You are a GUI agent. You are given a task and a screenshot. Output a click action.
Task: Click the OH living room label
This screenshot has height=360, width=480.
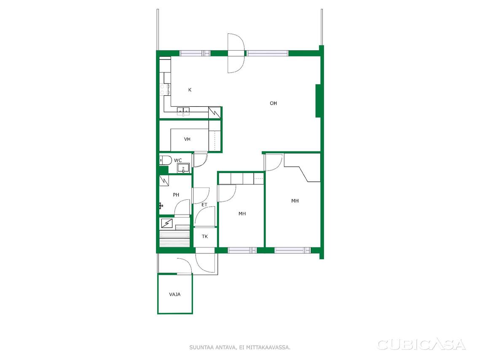click(x=273, y=103)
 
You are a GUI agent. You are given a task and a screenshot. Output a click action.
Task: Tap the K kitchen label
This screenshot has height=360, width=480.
click(x=190, y=90)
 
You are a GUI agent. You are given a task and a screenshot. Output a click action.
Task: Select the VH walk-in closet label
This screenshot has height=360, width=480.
click(x=187, y=139)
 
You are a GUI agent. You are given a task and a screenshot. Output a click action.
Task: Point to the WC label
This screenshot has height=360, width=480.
click(x=178, y=161)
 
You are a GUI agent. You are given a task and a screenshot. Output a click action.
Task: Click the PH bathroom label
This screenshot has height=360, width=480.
click(x=176, y=195)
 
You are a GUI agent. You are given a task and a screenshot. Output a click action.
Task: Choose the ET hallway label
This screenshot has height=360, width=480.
click(x=204, y=204)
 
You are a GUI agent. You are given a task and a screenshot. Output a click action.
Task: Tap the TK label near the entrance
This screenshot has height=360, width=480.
click(x=205, y=236)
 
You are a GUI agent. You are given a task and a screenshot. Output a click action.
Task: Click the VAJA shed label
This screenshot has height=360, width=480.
click(x=175, y=295)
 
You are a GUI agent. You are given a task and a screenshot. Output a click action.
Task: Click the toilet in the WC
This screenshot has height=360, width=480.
click(x=166, y=160)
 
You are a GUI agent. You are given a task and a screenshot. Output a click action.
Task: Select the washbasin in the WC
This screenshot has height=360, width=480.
click(x=183, y=168)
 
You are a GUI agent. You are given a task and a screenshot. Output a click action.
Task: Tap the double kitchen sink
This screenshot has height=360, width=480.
click(x=183, y=111)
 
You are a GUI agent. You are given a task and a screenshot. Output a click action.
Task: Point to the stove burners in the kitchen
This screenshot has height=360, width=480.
click(x=165, y=89)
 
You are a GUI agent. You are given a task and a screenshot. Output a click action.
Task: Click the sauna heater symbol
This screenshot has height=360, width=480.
click(x=167, y=223)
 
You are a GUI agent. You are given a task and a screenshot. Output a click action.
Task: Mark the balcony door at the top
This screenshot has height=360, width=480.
click(x=236, y=53)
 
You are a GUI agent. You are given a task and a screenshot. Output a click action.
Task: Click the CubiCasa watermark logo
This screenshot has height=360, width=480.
click(x=421, y=345)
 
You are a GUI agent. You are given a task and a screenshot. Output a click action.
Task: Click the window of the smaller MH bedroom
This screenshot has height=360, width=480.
click(x=242, y=250)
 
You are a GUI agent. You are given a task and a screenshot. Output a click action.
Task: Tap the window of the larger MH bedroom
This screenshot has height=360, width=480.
click(x=292, y=250)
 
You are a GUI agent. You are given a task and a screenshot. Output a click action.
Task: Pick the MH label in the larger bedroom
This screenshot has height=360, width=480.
click(x=295, y=201)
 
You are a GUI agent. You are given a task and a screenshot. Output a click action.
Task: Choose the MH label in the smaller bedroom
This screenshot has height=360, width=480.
click(x=242, y=214)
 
